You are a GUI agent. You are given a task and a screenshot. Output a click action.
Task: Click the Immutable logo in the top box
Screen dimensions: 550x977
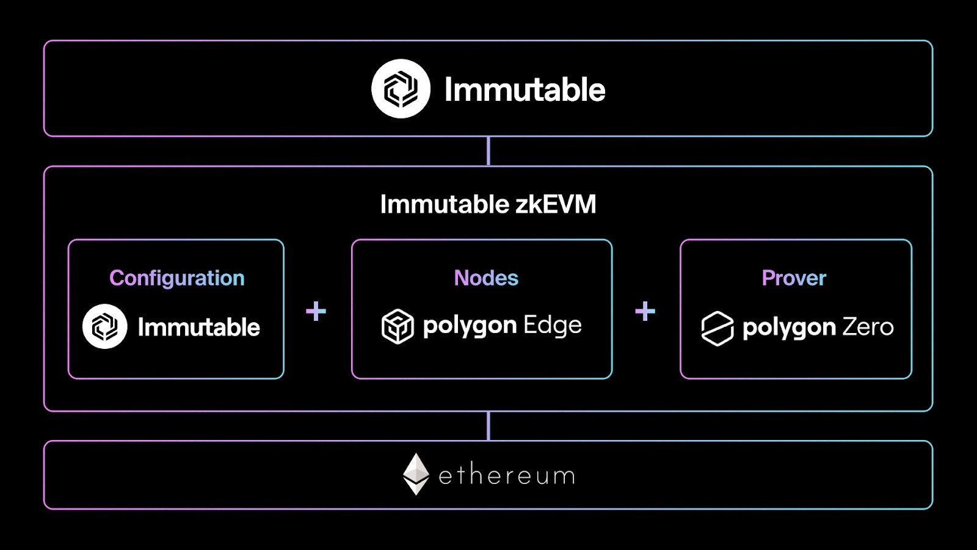(401, 89)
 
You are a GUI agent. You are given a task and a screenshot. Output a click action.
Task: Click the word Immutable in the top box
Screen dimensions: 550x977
(525, 90)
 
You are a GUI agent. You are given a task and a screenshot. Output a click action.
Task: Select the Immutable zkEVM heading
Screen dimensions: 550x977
(488, 204)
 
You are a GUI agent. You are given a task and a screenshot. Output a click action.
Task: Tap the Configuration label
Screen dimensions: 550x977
(176, 278)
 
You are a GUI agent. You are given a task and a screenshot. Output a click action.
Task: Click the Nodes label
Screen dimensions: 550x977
(486, 278)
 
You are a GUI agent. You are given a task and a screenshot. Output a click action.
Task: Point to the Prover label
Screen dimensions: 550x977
(794, 278)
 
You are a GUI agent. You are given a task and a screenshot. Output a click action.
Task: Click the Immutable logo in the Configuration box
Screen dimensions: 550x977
(105, 326)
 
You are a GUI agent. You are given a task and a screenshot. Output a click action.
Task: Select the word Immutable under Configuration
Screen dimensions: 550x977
(198, 328)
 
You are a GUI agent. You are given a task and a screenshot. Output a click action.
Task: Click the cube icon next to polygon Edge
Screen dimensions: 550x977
(398, 326)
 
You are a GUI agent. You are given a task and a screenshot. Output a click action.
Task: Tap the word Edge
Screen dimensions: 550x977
(552, 325)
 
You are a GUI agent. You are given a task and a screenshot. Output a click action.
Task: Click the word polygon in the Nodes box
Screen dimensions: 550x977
(470, 326)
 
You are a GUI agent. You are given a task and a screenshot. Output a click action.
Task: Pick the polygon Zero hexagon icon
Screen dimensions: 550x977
(717, 328)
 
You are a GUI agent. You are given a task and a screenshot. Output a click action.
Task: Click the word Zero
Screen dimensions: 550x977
(868, 327)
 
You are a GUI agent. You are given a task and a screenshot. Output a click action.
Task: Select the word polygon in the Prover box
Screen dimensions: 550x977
(788, 328)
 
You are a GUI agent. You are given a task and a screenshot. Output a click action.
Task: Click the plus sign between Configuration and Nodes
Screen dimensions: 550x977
(316, 311)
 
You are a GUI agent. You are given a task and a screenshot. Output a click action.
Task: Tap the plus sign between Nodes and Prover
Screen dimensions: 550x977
(645, 311)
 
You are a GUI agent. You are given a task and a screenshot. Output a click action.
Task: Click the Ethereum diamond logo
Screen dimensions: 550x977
(416, 474)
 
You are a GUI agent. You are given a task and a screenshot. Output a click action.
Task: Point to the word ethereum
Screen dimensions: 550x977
(507, 475)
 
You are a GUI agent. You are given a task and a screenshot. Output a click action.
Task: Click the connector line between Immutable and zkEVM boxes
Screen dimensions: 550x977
(488, 151)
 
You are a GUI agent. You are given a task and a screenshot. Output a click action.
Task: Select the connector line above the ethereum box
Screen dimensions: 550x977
(488, 426)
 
